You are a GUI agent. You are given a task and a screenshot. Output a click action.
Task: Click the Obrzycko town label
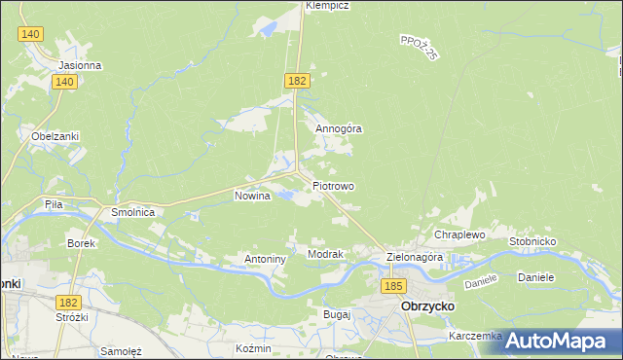click(430, 306)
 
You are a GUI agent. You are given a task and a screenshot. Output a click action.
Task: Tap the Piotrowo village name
click(333, 186)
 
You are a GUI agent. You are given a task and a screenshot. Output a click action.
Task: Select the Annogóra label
click(338, 127)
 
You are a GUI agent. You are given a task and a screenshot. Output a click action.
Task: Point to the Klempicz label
click(327, 6)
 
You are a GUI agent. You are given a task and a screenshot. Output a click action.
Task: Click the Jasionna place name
click(80, 66)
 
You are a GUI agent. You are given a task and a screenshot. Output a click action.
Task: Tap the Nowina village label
click(251, 196)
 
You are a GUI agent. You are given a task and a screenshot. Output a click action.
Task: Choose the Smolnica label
click(133, 210)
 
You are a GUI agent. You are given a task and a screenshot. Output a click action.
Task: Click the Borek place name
click(80, 243)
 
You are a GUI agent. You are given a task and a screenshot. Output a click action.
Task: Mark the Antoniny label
click(264, 260)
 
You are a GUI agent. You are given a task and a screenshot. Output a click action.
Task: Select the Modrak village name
click(325, 254)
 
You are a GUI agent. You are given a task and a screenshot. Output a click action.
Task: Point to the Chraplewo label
click(459, 235)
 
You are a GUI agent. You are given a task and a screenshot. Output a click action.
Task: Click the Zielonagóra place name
click(415, 258)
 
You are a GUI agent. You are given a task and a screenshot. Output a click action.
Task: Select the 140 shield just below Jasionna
click(65, 83)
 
